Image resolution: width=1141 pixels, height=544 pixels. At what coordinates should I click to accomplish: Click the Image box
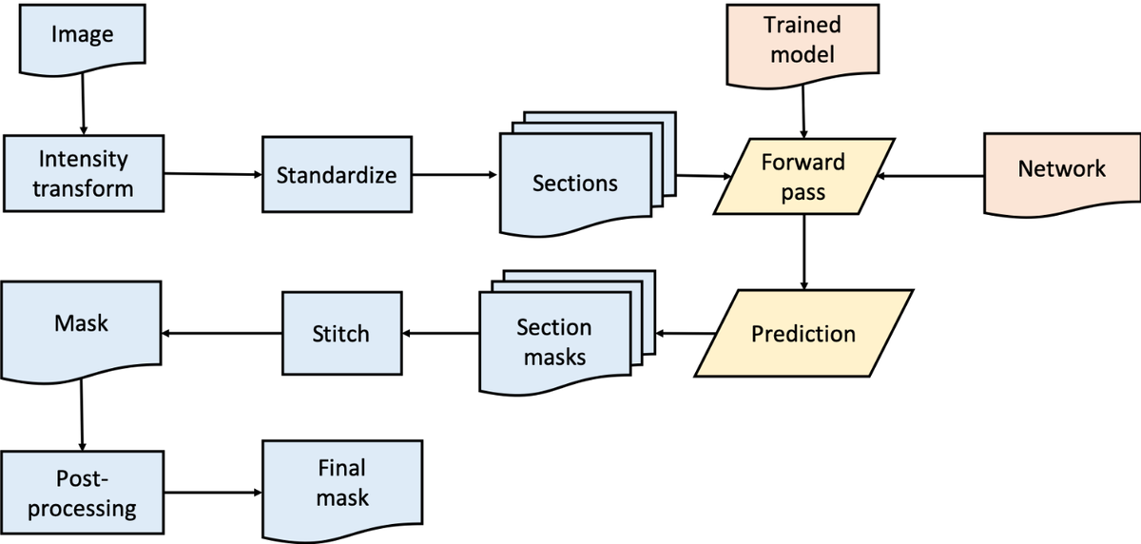[82, 36]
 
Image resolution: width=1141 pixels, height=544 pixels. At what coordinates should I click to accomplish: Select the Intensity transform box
[83, 173]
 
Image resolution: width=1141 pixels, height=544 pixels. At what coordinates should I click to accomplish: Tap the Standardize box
[337, 175]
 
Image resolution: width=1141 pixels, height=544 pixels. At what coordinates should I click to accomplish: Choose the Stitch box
[340, 334]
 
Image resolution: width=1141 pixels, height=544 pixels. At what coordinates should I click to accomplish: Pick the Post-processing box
[82, 493]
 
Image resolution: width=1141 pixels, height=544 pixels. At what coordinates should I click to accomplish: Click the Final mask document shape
[341, 482]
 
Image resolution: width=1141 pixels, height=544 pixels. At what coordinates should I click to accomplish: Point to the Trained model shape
[803, 40]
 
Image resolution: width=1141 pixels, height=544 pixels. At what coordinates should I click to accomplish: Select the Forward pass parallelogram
[803, 177]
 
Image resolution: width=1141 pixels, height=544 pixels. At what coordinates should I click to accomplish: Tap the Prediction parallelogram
[803, 334]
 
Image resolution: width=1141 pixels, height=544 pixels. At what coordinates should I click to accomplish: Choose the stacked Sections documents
[574, 183]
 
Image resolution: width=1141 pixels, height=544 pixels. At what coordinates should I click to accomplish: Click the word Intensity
[83, 159]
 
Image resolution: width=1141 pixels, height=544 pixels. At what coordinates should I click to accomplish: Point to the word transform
[83, 188]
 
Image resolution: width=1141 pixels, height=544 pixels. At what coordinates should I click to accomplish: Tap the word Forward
[803, 162]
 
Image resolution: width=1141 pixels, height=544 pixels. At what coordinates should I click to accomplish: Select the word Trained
[803, 25]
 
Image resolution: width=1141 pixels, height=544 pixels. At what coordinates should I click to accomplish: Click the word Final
[341, 468]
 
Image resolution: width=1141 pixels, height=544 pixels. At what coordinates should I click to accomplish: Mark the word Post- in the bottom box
[82, 478]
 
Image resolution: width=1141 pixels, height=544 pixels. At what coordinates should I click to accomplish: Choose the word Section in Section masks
[554, 328]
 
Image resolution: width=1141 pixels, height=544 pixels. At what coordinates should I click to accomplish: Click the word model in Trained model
[803, 54]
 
